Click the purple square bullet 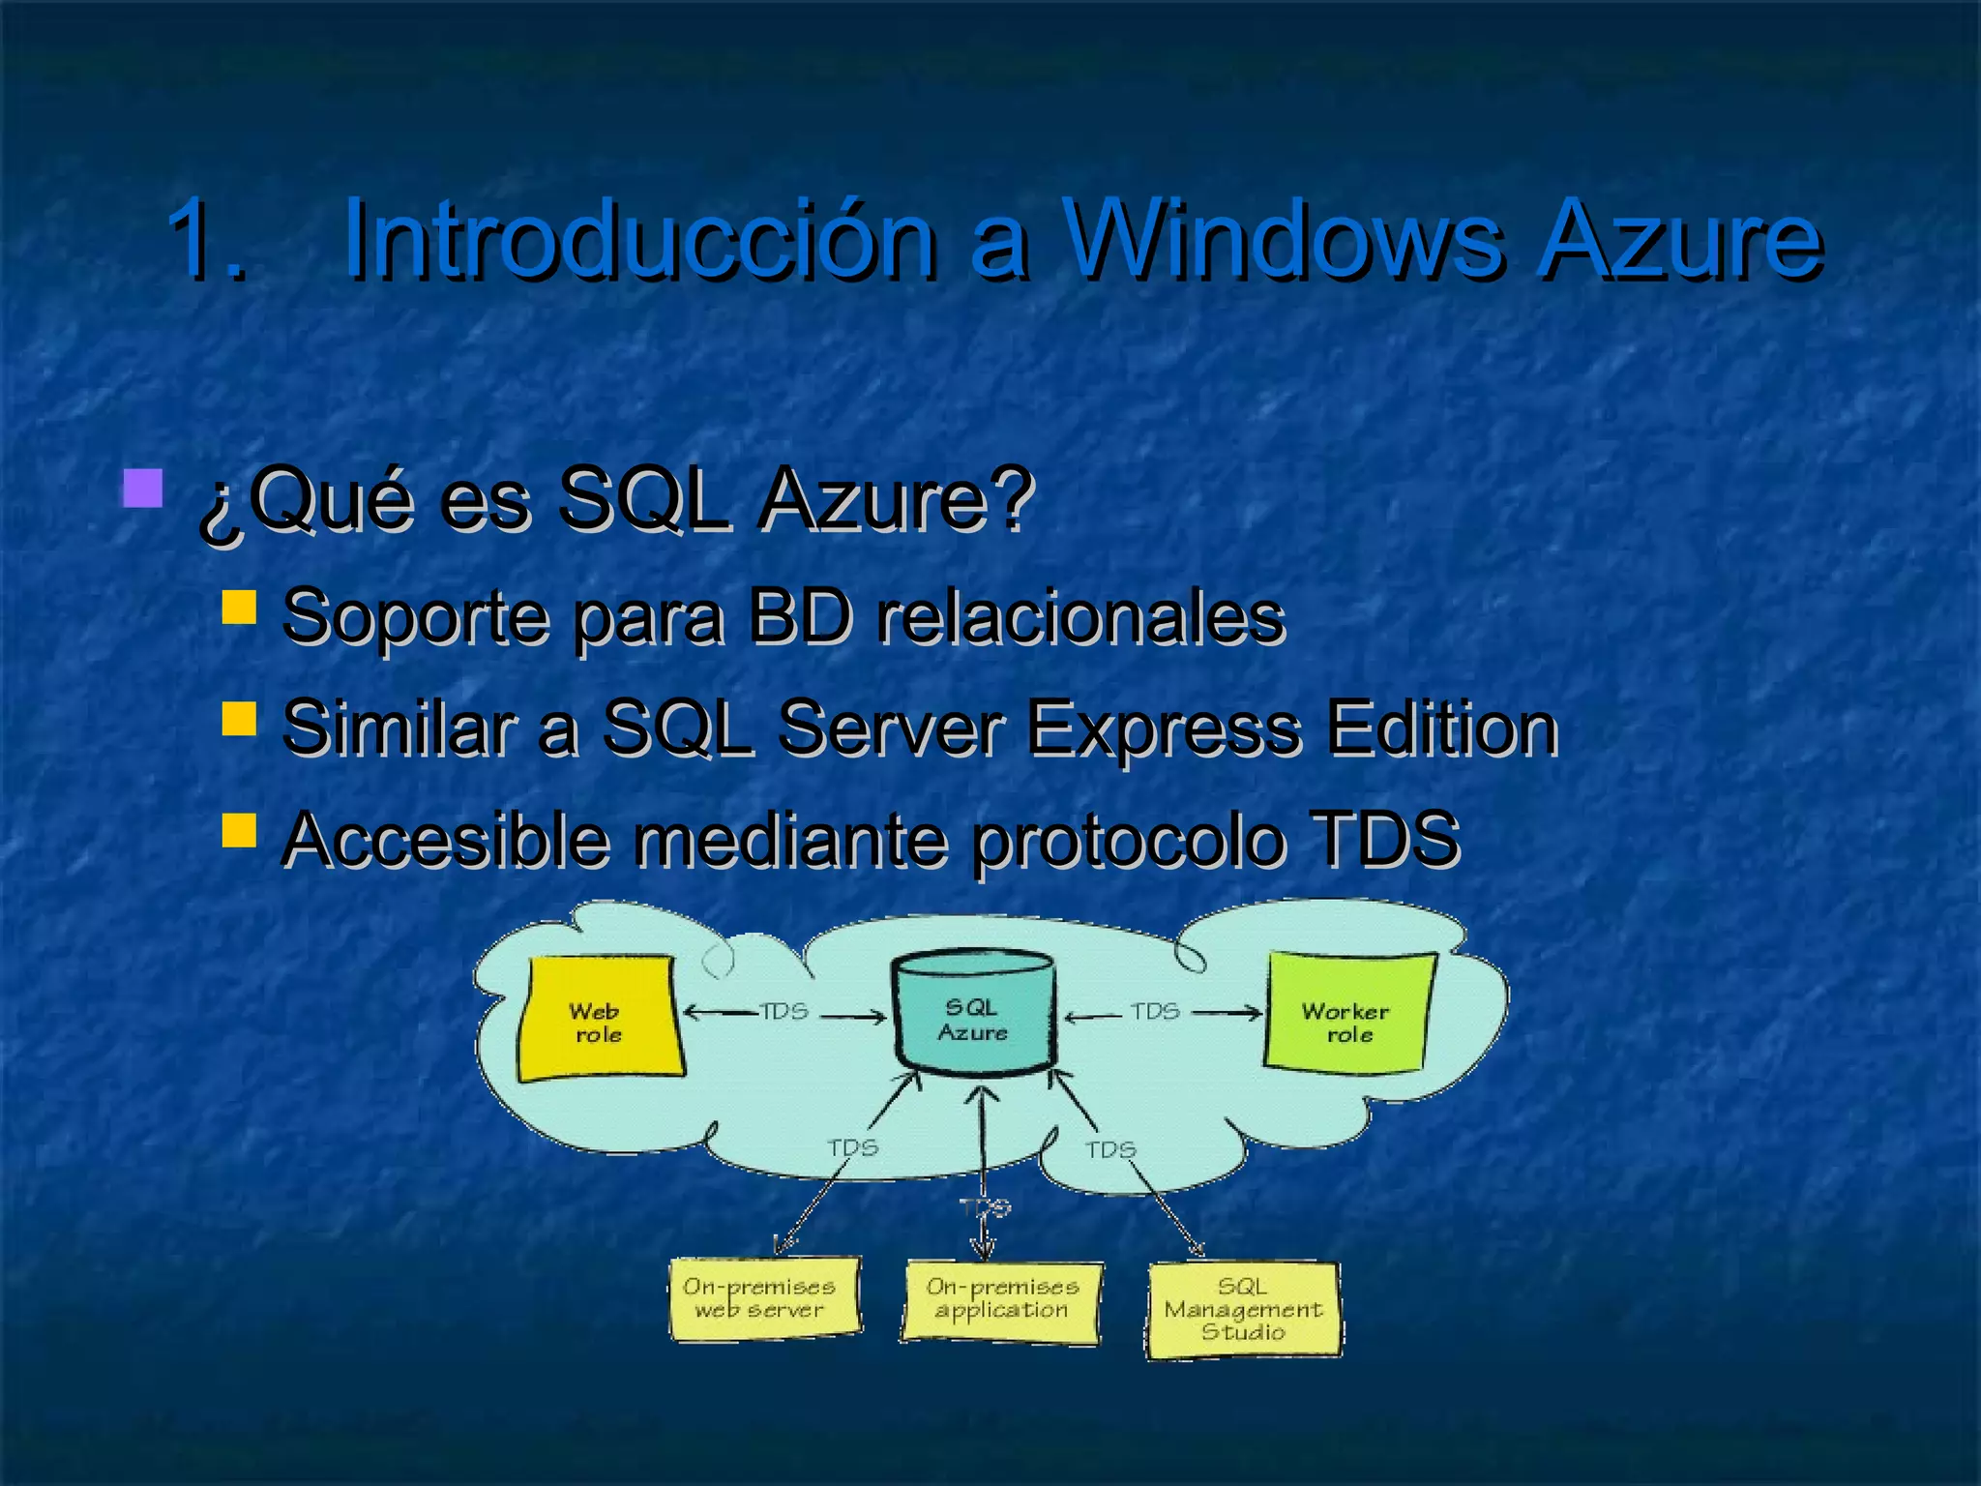(x=142, y=489)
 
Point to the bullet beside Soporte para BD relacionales (x=238, y=608)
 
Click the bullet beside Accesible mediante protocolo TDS (x=238, y=829)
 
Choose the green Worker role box (x=1347, y=1014)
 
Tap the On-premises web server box (x=764, y=1297)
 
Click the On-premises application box (x=1002, y=1300)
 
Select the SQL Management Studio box (x=1244, y=1309)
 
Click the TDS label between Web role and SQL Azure (x=784, y=1012)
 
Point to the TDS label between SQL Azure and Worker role (x=1155, y=1012)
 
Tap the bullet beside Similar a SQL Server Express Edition (x=238, y=719)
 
